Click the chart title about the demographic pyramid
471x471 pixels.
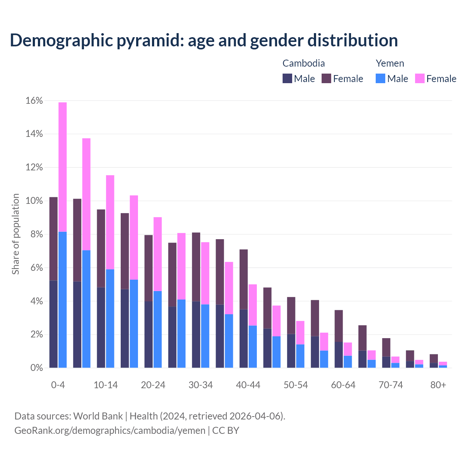204,40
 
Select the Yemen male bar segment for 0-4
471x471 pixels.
63,300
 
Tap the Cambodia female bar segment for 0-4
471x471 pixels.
53,239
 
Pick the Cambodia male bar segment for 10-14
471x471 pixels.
101,327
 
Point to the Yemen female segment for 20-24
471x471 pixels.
157,254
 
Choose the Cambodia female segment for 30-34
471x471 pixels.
196,267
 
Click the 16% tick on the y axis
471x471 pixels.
34,101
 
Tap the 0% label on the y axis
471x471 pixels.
36,368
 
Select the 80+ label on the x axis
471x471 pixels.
438,385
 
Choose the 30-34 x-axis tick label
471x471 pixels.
201,385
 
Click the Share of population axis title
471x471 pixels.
16,234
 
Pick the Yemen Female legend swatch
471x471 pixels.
419,78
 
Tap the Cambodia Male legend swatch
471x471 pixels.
287,78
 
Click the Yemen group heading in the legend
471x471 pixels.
390,63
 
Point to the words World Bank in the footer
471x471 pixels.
98,416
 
